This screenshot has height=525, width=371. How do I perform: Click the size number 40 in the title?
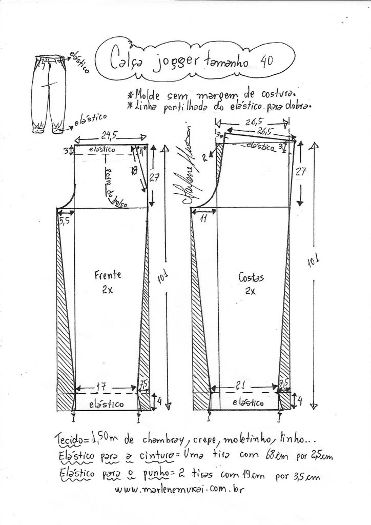pyautogui.click(x=266, y=61)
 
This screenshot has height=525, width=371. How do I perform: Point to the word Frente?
pyautogui.click(x=108, y=275)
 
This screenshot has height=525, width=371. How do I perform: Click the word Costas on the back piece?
pyautogui.click(x=251, y=277)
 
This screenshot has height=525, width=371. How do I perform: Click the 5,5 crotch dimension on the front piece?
pyautogui.click(x=65, y=221)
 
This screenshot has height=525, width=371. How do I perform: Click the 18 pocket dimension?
pyautogui.click(x=134, y=171)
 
